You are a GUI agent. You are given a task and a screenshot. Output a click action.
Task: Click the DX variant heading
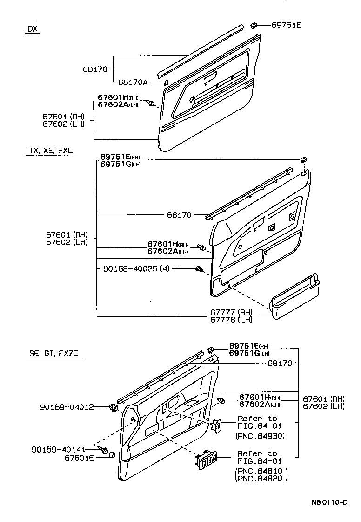32,29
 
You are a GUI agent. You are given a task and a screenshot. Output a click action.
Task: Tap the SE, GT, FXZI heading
53,354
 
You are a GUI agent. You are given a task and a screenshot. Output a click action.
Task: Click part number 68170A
132,82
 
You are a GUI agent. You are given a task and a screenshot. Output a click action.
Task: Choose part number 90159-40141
59,450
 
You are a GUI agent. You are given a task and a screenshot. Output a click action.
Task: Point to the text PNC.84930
261,436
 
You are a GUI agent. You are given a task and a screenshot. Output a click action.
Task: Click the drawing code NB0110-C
329,502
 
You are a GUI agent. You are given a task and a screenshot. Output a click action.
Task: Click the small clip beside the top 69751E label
255,24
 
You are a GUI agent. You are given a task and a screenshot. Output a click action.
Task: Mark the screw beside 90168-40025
199,268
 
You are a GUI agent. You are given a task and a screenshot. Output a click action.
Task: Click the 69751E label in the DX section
286,25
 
